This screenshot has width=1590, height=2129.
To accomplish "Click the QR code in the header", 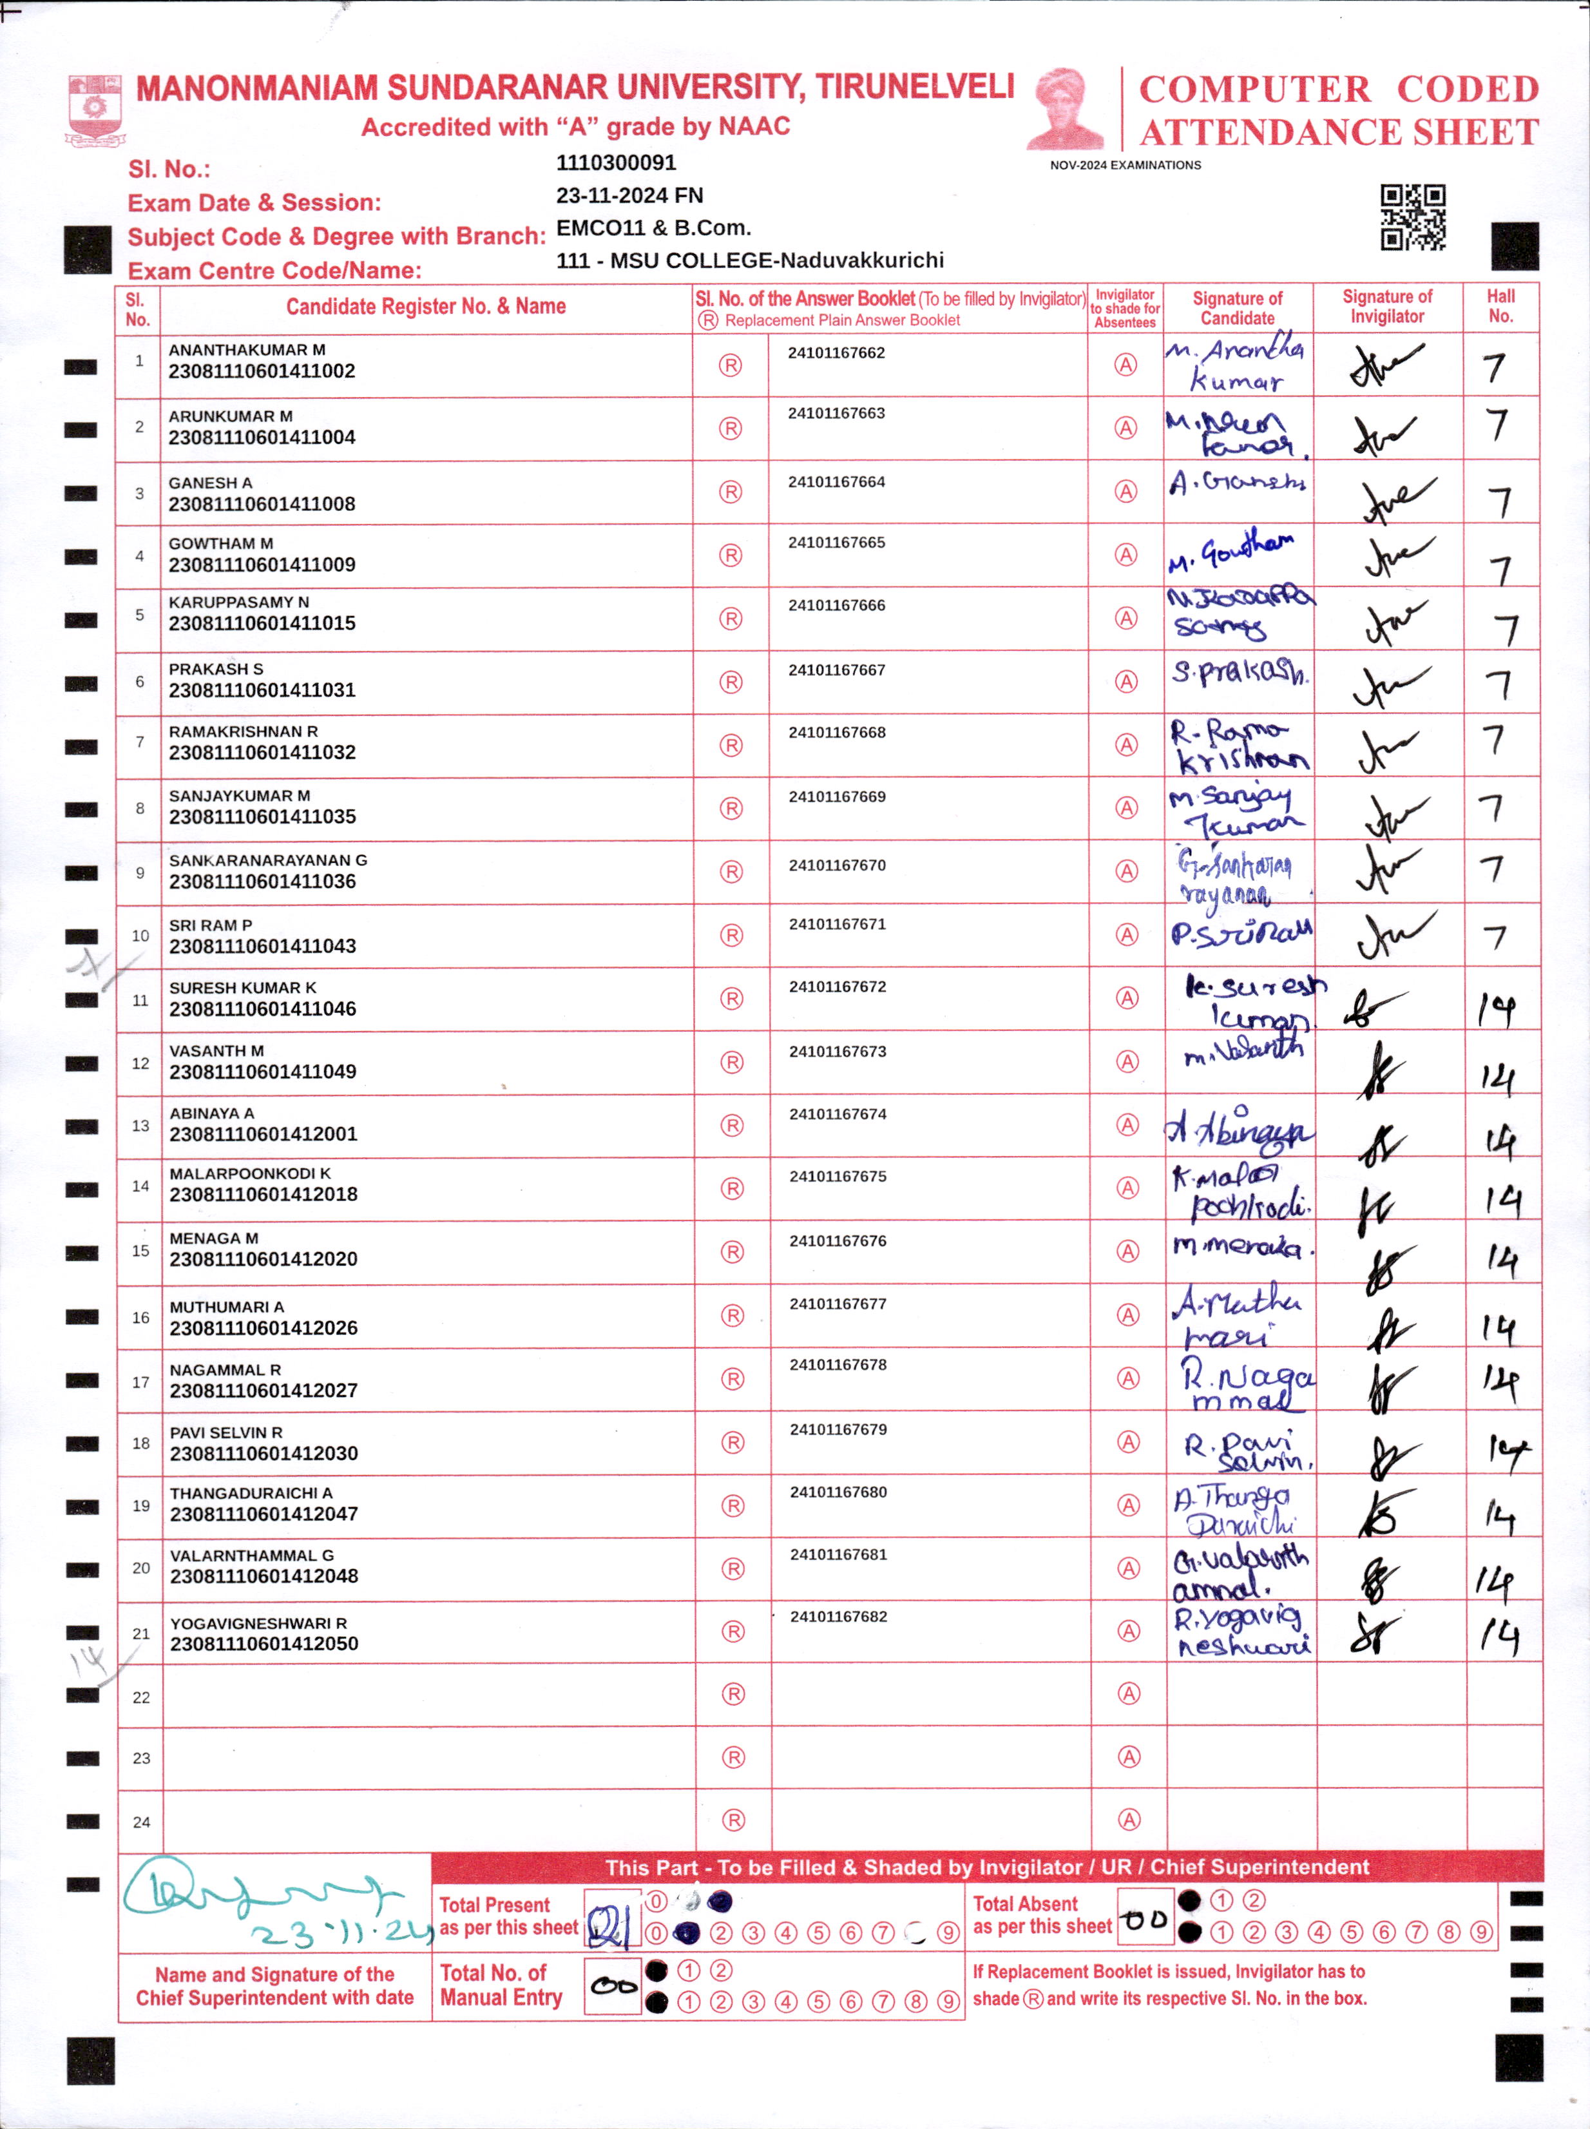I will click(x=1412, y=217).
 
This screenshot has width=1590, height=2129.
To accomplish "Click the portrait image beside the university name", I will click(x=1066, y=110).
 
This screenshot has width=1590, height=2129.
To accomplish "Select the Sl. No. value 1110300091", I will click(x=616, y=162).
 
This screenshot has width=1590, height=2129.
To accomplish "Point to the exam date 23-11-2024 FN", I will click(x=629, y=195).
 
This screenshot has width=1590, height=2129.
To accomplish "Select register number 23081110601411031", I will click(x=262, y=690).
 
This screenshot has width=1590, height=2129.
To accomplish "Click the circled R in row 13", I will click(x=733, y=1125).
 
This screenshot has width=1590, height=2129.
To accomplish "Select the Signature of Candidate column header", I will click(x=1237, y=308).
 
